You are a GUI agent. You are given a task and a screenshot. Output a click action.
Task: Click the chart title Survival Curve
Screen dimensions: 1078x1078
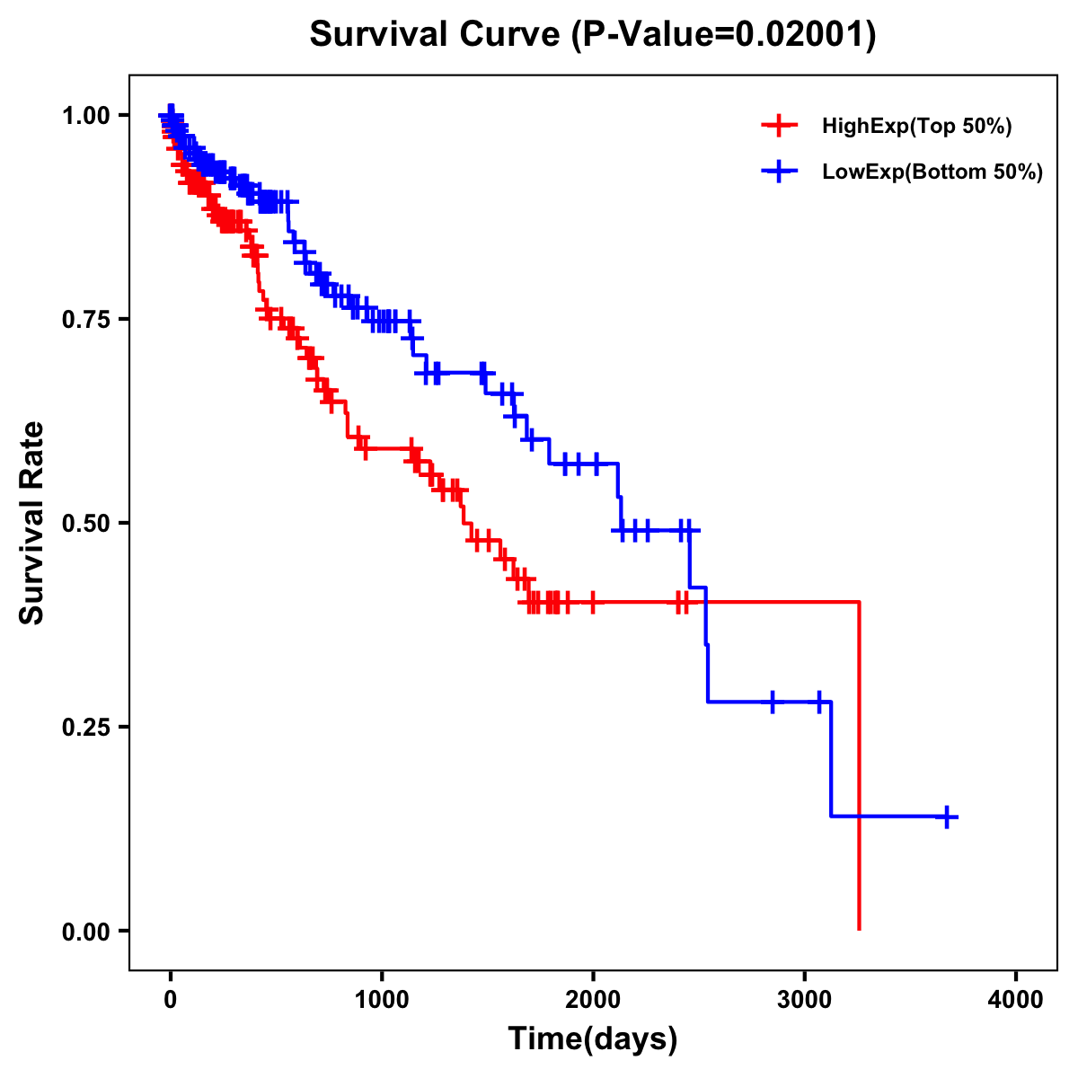click(437, 35)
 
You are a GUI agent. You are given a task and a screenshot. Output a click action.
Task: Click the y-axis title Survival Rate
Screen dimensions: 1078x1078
click(32, 522)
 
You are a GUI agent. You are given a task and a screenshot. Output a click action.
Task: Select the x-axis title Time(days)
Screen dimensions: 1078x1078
click(592, 1038)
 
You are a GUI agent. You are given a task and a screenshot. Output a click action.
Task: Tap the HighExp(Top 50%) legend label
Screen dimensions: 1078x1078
click(916, 127)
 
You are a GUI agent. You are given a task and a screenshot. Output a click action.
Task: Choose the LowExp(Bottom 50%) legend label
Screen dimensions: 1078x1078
click(932, 172)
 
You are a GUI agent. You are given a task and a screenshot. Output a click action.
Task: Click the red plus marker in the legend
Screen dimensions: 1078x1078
click(779, 126)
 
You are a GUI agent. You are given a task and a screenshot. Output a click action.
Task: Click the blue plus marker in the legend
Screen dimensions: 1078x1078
click(779, 172)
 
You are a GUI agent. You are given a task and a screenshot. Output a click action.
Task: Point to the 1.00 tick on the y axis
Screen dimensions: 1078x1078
click(85, 115)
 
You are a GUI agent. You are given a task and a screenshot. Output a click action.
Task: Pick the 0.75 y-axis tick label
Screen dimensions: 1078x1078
click(85, 319)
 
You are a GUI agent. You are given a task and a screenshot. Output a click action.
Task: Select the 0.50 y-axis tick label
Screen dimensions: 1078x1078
click(85, 523)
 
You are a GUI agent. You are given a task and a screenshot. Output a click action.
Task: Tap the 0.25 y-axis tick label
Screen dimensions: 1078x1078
click(85, 727)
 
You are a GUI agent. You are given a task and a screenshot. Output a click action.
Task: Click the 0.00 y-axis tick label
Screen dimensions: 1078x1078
click(85, 931)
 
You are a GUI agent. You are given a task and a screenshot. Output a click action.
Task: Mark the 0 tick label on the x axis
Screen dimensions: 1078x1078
click(171, 1000)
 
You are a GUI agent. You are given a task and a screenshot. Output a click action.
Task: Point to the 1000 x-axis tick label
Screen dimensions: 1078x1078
click(382, 1000)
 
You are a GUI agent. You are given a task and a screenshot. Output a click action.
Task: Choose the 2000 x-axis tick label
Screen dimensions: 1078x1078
click(593, 1000)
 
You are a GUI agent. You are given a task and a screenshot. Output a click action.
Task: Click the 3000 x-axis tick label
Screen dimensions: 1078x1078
click(805, 1000)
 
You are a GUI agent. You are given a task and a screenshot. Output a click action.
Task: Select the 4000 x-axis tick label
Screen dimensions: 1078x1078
click(1016, 1000)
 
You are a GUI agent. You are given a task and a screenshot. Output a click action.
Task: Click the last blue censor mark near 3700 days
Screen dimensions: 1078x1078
click(946, 817)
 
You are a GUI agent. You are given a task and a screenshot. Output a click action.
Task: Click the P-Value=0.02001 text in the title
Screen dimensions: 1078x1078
click(724, 35)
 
